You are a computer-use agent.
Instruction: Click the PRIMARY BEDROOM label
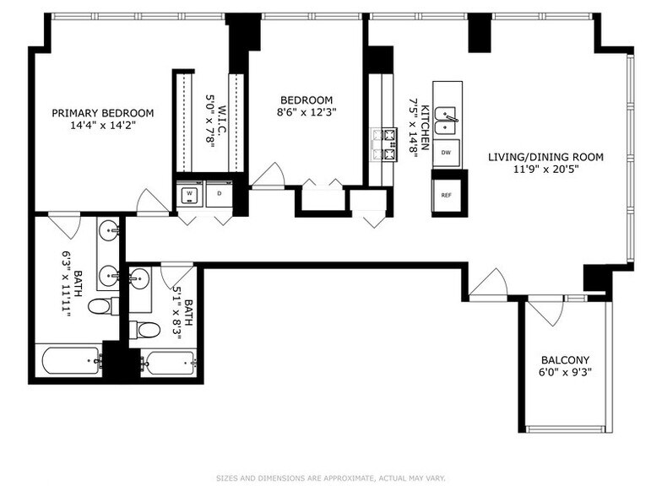point(102,113)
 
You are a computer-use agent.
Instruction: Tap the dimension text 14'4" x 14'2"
point(102,125)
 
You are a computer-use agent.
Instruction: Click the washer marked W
point(190,193)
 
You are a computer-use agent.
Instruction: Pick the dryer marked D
point(219,193)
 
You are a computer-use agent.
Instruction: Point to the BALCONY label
point(565,359)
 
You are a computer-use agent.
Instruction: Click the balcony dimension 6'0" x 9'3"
point(565,372)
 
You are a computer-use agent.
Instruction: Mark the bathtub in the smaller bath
point(170,363)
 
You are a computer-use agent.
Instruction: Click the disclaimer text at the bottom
point(330,478)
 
